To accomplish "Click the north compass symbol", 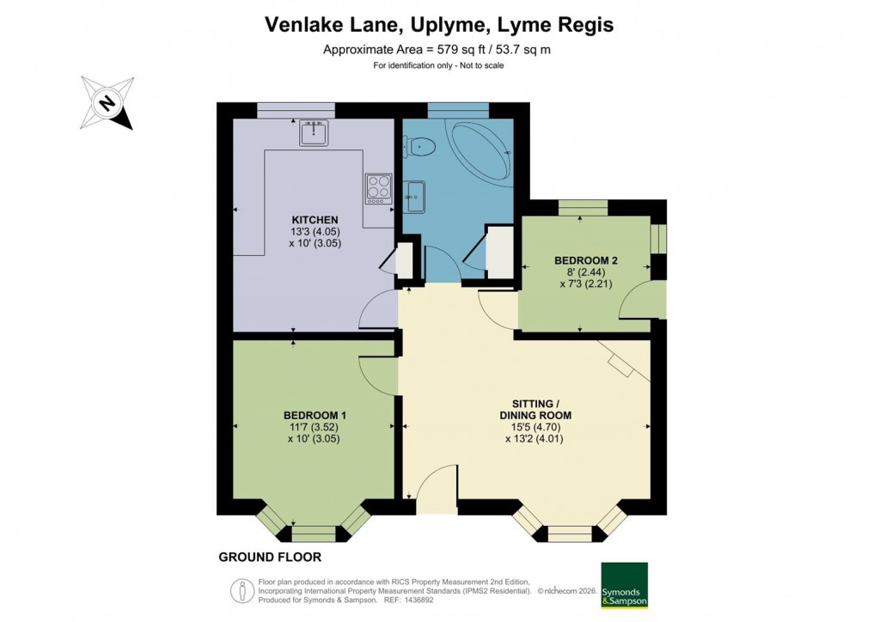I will click(107, 103).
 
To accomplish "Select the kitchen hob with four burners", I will click(377, 188).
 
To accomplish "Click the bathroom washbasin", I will click(413, 195).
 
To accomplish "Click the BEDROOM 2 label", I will click(586, 260).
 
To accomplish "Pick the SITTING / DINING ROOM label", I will click(535, 409).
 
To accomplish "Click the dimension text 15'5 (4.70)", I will click(535, 426).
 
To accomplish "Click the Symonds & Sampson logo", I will click(624, 586).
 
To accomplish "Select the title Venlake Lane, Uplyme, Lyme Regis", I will click(439, 25).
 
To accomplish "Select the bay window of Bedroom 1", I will click(314, 522).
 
